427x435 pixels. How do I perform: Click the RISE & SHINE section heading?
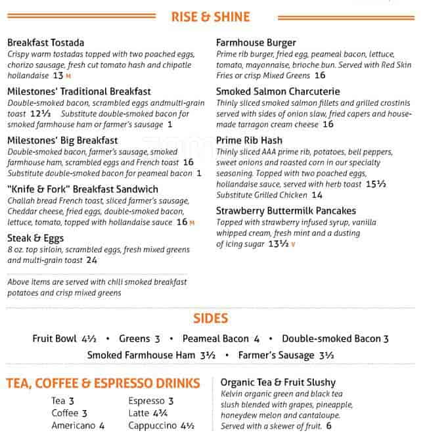(210, 17)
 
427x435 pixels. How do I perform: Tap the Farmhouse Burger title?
(256, 43)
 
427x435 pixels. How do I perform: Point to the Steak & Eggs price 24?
(91, 260)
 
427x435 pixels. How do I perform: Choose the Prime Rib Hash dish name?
(249, 141)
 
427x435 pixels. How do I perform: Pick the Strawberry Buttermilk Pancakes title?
(286, 211)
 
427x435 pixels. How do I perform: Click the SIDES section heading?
(210, 319)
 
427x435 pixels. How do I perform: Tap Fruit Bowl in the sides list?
(55, 339)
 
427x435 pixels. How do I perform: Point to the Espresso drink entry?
(146, 401)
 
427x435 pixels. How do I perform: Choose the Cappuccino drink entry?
(153, 426)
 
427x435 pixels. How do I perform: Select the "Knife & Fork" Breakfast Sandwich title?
(83, 189)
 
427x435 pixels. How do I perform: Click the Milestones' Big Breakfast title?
(62, 141)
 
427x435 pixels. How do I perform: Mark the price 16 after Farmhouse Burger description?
(320, 76)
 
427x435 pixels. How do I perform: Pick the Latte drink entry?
(139, 413)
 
